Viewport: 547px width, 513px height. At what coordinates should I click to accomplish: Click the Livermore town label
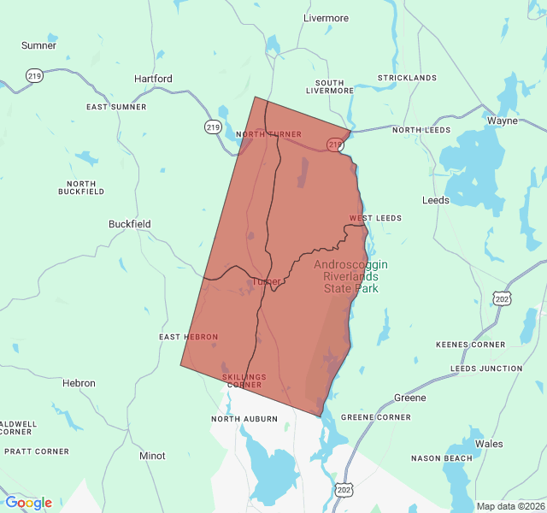click(x=326, y=18)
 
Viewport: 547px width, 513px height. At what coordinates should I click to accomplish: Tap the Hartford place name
click(x=153, y=79)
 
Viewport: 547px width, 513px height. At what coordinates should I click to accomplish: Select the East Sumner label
click(x=116, y=107)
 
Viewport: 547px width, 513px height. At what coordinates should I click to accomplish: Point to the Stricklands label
click(x=408, y=78)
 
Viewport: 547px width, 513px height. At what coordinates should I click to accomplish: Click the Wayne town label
click(x=502, y=121)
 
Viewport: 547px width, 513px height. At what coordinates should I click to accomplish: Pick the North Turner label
click(x=268, y=134)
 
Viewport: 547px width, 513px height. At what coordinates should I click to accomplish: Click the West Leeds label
click(x=375, y=218)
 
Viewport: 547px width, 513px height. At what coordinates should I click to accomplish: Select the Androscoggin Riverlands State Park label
click(x=350, y=276)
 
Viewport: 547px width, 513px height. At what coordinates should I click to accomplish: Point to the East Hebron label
click(x=188, y=337)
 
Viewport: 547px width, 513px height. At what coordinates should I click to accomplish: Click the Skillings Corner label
click(x=244, y=380)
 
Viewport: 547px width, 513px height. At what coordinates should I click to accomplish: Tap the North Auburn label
click(x=244, y=419)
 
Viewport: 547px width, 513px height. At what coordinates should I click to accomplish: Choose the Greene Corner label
click(x=376, y=417)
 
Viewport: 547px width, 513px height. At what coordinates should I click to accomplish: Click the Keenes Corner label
click(x=470, y=345)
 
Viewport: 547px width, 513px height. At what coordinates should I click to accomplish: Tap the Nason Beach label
click(x=441, y=458)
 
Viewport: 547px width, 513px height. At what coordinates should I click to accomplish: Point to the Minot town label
click(x=152, y=456)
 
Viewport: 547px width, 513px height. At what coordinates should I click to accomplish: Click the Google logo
click(x=28, y=503)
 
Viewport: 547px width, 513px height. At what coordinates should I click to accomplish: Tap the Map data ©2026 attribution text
click(x=509, y=506)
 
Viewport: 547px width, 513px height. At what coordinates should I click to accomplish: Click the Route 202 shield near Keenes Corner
click(x=502, y=298)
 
